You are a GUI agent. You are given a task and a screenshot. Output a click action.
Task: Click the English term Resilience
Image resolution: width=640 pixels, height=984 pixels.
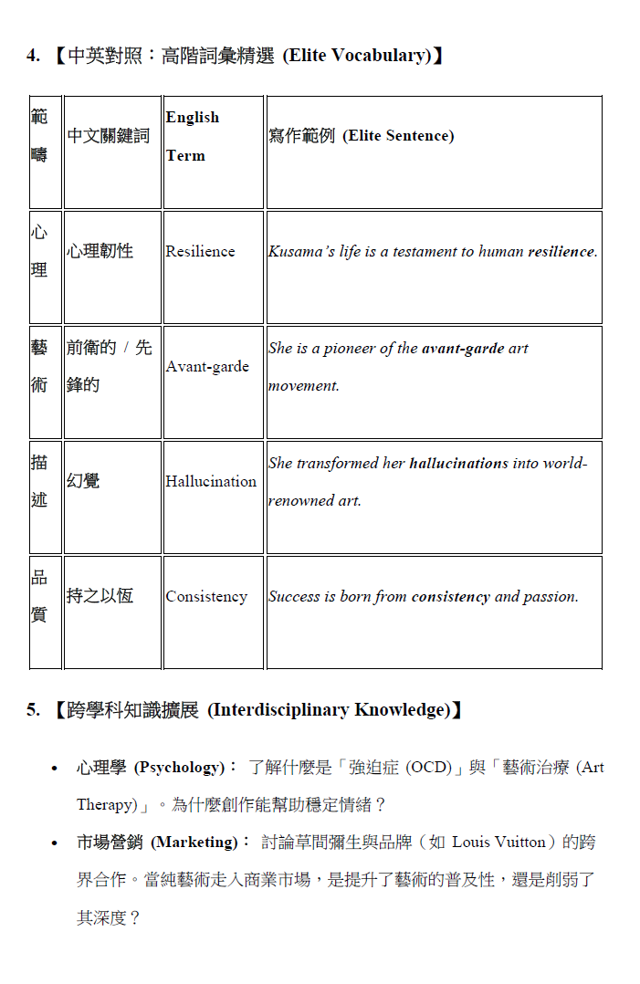pyautogui.click(x=200, y=251)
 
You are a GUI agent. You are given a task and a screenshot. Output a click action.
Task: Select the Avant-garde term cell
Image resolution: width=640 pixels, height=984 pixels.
pyautogui.click(x=207, y=366)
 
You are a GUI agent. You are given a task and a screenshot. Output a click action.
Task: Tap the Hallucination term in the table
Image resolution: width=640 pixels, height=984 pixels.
pyautogui.click(x=211, y=481)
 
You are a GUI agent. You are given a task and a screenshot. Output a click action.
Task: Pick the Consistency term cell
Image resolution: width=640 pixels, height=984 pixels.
pyautogui.click(x=206, y=596)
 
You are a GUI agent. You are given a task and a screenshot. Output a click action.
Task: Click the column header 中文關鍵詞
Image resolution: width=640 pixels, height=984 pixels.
pyautogui.click(x=109, y=136)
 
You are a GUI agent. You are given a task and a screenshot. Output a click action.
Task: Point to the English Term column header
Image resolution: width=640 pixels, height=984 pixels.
pyautogui.click(x=193, y=136)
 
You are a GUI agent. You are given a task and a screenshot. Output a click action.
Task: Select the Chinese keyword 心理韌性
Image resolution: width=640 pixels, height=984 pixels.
pyautogui.click(x=100, y=251)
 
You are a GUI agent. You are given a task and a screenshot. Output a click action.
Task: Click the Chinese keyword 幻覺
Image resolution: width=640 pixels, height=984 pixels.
pyautogui.click(x=83, y=481)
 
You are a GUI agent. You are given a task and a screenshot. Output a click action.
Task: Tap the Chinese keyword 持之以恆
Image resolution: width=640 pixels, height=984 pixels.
pyautogui.click(x=100, y=596)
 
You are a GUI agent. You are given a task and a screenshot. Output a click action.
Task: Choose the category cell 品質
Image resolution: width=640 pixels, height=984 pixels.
pyautogui.click(x=39, y=596)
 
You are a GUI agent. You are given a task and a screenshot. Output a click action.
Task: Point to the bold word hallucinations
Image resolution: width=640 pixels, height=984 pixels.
pyautogui.click(x=458, y=463)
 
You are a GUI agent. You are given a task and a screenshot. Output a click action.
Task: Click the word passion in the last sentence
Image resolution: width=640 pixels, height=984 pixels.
pyautogui.click(x=551, y=596)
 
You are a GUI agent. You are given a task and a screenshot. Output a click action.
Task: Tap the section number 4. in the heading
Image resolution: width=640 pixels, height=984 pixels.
pyautogui.click(x=33, y=56)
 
